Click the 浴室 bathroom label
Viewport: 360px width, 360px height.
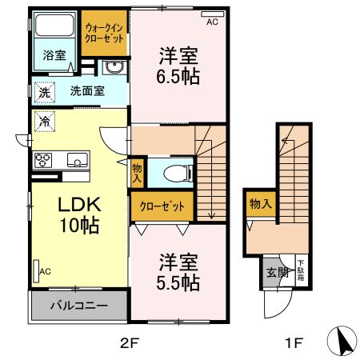[54, 57]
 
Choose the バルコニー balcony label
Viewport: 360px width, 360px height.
[79, 306]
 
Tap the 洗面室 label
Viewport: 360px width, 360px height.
[86, 90]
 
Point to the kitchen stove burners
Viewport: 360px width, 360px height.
[43, 159]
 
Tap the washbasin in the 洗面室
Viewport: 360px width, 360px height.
[117, 67]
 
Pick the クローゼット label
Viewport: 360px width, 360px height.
[162, 206]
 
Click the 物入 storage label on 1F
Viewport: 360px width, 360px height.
[261, 204]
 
